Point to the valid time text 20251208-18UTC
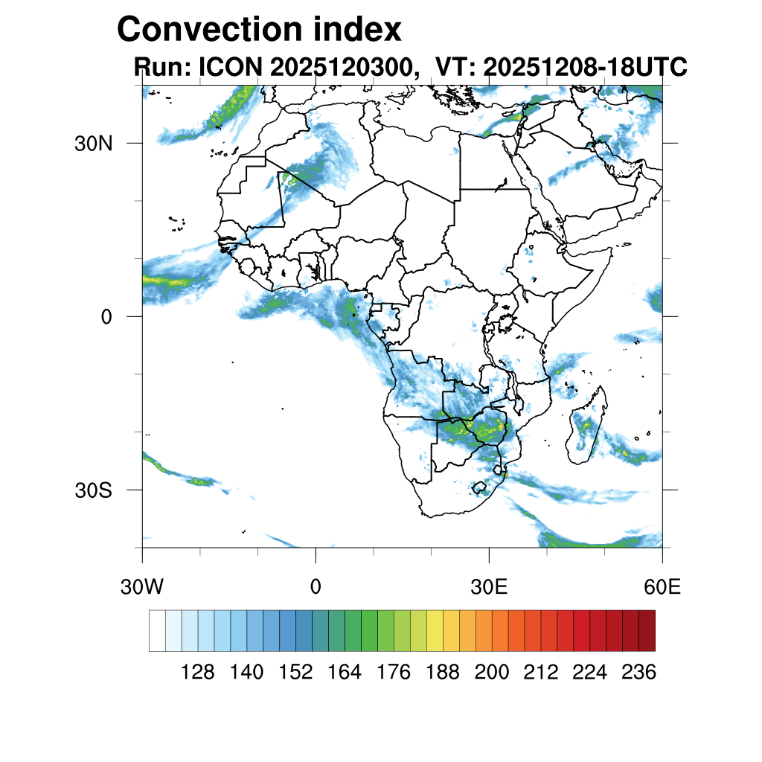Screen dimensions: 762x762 pyautogui.click(x=585, y=68)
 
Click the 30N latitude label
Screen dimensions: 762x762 pyautogui.click(x=93, y=144)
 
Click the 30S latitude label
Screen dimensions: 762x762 pyautogui.click(x=93, y=490)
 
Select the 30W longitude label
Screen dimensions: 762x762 pyautogui.click(x=141, y=587)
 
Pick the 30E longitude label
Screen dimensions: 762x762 pyautogui.click(x=489, y=587)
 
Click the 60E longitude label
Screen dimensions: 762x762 pyautogui.click(x=662, y=587)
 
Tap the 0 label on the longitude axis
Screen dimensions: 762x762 pyautogui.click(x=316, y=587)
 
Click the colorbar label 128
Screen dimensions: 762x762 pyautogui.click(x=198, y=673)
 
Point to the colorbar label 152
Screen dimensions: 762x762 pyautogui.click(x=296, y=673)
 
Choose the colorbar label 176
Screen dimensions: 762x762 pyautogui.click(x=394, y=673)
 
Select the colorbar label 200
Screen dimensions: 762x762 pyautogui.click(x=492, y=673)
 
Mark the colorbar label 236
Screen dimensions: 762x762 pyautogui.click(x=638, y=673)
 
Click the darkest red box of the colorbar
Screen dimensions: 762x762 pyautogui.click(x=647, y=630)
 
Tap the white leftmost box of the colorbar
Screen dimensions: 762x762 pyautogui.click(x=157, y=630)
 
